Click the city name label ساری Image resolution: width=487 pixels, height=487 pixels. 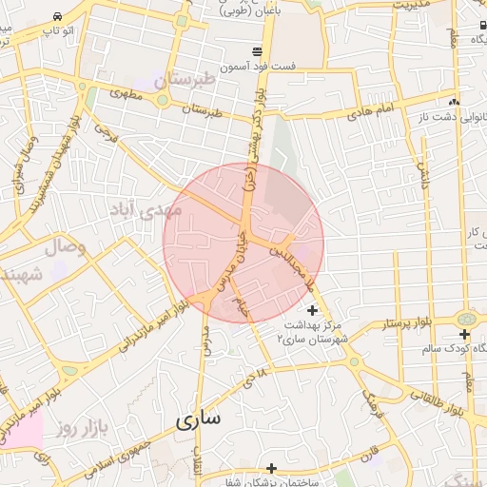pos(198,419)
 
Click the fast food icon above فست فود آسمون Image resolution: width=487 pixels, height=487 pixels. pos(257,50)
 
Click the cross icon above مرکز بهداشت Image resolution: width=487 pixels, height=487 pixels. pos(313,310)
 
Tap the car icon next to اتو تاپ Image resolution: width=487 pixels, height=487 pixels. pos(58,16)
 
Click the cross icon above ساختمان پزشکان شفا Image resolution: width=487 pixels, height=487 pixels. pos(271,467)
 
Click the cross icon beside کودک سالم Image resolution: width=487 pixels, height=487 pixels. pos(463,335)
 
